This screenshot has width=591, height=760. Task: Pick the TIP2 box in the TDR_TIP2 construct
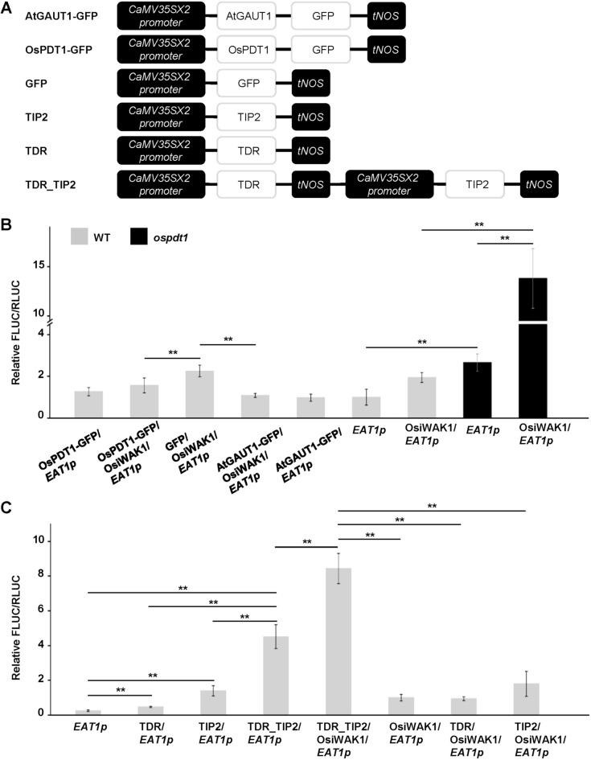click(x=474, y=184)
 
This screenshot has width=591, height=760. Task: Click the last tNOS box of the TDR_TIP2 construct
click(x=539, y=184)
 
